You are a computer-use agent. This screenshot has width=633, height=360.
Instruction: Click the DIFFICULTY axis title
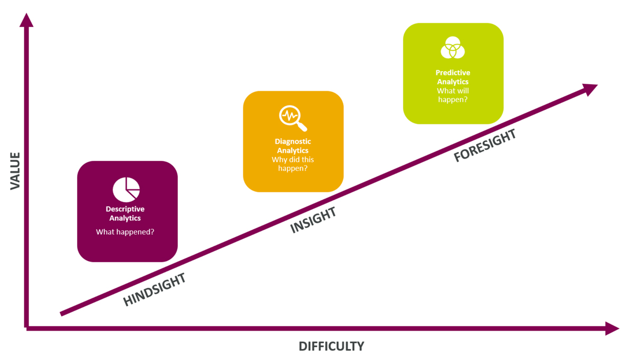coord(331,346)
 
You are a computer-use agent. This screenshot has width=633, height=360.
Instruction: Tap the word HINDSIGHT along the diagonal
coord(155,290)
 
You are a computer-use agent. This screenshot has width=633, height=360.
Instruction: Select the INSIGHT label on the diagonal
coord(313,221)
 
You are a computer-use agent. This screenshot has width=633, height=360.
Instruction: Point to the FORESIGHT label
coord(485,145)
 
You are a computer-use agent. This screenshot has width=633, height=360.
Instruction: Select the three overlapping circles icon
coord(453,48)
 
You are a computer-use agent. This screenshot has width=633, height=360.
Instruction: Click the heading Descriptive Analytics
coord(125,213)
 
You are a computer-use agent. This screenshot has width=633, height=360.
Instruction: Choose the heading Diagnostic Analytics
coord(293,146)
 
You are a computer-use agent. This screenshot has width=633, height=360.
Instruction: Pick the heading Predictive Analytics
coord(453,77)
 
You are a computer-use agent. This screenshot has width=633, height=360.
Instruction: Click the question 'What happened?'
coord(125,231)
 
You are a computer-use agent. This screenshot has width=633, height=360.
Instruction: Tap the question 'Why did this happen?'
coord(293,164)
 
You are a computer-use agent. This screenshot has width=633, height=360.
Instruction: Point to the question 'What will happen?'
coord(453,95)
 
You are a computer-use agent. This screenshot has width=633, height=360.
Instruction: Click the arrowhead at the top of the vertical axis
coord(26,20)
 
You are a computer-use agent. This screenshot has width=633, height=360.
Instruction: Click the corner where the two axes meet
coord(27,328)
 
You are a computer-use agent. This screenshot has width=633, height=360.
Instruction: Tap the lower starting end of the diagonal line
coord(62,314)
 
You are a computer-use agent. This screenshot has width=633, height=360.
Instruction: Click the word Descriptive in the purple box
coord(125,209)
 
